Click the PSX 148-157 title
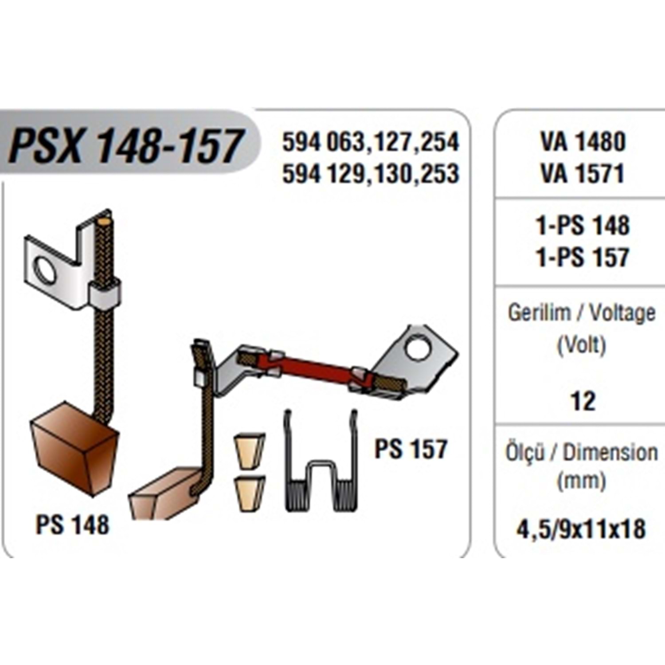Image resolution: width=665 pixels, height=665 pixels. point(126,146)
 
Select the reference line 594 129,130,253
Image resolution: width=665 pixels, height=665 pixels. point(371,173)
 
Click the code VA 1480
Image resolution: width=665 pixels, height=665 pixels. point(583,142)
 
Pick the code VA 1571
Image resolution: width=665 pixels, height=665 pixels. point(583,173)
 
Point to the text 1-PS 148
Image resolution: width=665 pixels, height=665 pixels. point(583,226)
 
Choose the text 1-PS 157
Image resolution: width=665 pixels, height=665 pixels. point(583,257)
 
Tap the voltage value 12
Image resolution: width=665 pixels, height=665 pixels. point(583,402)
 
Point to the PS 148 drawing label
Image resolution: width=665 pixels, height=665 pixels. point(72,525)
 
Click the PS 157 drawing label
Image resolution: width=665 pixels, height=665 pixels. point(411,449)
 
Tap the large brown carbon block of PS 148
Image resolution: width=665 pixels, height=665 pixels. point(74,452)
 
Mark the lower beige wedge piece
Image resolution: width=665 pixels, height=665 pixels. point(250,493)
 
